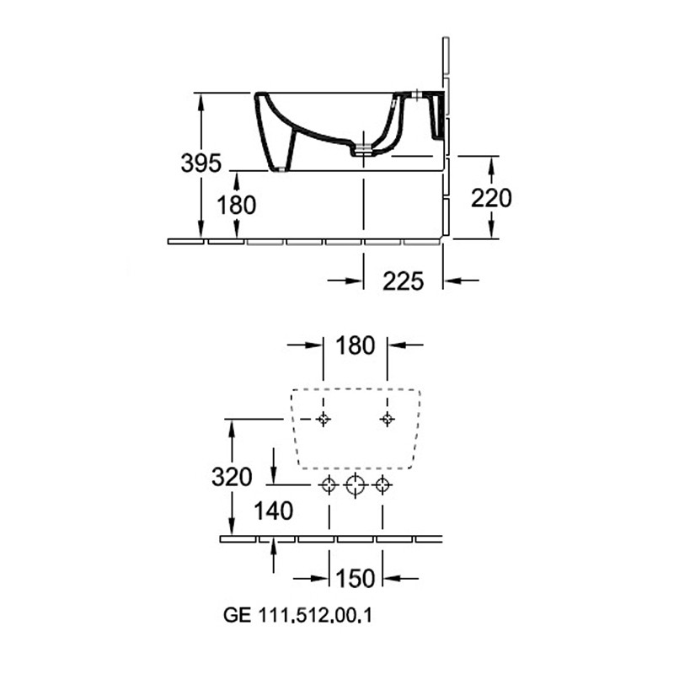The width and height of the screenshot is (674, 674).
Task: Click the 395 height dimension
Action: [x=201, y=163]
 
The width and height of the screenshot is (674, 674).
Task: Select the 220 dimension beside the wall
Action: [x=491, y=198]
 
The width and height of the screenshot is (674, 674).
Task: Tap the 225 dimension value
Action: [x=404, y=281]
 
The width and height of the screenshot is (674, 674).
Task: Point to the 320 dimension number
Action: [x=232, y=477]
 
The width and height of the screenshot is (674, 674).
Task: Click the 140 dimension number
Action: [x=273, y=511]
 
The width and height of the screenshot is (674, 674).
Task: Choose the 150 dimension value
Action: [x=356, y=578]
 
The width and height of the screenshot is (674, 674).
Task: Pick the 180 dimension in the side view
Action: [x=237, y=205]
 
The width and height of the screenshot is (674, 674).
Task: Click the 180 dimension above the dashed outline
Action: [x=355, y=345]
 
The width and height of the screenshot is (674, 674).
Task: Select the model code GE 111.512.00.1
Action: [x=297, y=615]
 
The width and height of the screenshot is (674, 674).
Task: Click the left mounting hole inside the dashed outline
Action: [x=324, y=419]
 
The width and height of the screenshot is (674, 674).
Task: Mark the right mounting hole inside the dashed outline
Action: [x=388, y=419]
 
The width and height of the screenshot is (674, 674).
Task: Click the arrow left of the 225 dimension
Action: [x=345, y=281]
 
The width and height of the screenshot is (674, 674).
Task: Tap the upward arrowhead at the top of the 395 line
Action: [x=201, y=102]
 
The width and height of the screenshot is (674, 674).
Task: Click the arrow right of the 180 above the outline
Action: [x=405, y=345]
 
